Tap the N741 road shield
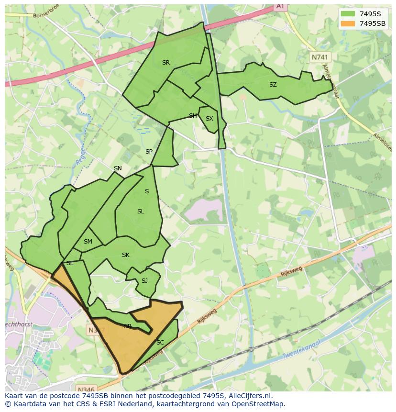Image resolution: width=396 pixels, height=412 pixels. coord(320,57)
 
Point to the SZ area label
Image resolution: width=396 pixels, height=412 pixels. coord(273,85)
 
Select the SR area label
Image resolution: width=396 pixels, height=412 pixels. coord(165,63)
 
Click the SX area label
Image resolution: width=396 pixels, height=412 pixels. coord(209,119)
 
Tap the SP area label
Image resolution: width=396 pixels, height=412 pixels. coord(149,152)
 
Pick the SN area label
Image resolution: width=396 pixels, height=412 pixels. coord(118,168)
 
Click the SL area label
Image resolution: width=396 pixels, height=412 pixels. coord(141,212)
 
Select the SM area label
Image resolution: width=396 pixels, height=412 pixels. coord(88,242)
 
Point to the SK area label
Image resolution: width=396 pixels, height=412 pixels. coord(126,255)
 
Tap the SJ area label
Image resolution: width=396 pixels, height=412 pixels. coord(144,281)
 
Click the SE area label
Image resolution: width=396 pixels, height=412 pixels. coord(70,263)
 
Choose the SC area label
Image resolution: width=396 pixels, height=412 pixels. coord(160,343)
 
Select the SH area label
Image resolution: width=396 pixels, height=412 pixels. coord(193,116)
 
